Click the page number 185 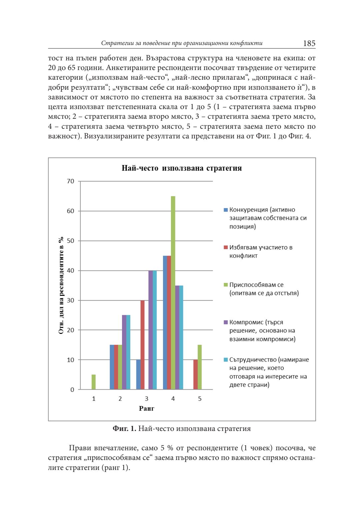point(309,43)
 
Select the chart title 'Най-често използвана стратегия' point(182,168)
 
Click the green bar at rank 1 point(94,382)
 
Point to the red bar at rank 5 point(195,374)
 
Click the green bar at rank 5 point(200,367)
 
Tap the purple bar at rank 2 point(124,352)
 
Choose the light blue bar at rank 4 point(181,337)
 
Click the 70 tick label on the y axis point(71,181)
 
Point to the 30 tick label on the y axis point(71,300)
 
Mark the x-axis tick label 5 point(200,399)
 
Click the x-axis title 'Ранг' point(147,409)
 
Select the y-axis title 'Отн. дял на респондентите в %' point(61,285)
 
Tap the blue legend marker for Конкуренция point(226,210)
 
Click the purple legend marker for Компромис point(226,322)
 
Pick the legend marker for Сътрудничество point(226,360)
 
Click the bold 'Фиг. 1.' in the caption point(124,429)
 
